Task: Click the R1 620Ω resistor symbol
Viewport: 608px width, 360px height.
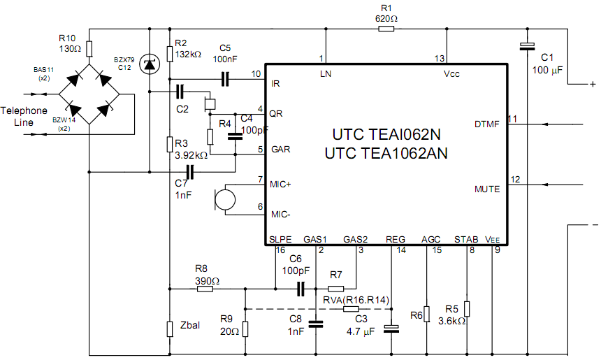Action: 386,29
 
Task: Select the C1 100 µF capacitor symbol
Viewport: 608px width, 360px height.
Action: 527,47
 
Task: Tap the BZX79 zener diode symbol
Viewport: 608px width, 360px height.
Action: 148,64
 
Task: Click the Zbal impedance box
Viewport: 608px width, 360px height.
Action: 170,329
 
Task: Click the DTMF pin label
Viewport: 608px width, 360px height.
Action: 487,124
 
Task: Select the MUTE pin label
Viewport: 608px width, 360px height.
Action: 487,189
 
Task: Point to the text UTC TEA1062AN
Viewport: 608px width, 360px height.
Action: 386,152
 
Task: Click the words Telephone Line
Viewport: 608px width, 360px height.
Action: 24,116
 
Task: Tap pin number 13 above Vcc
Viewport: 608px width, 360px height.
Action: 439,58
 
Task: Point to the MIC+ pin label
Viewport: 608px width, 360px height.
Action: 280,184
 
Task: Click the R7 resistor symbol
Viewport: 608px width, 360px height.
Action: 335,288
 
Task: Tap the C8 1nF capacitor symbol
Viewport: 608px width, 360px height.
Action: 316,323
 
